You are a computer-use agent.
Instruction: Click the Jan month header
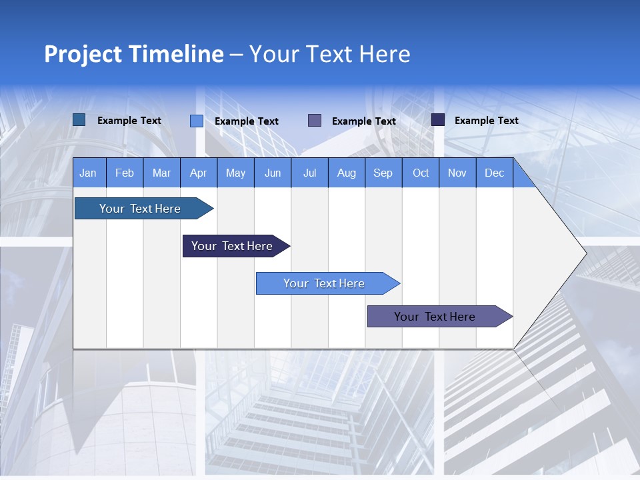[x=88, y=173]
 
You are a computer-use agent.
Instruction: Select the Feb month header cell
[x=125, y=173]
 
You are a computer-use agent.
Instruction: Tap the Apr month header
[x=198, y=173]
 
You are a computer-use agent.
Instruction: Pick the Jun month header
[x=273, y=173]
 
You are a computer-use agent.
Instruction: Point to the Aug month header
[x=346, y=173]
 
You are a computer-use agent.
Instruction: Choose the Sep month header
[x=383, y=173]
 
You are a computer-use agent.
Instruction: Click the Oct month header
[x=421, y=173]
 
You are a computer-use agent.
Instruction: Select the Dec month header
[x=494, y=173]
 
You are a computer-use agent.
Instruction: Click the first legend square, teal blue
[x=79, y=120]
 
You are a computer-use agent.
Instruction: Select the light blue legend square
[x=197, y=121]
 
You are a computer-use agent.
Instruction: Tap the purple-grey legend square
[x=315, y=121]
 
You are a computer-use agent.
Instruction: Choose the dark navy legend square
[x=438, y=120]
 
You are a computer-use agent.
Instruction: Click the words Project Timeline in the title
[x=133, y=54]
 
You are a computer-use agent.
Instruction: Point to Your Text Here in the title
[x=329, y=54]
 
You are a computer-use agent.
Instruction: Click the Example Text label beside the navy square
[x=486, y=121]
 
